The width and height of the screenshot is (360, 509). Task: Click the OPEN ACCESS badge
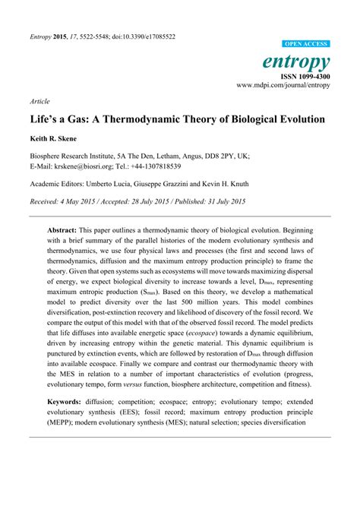[x=305, y=45]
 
